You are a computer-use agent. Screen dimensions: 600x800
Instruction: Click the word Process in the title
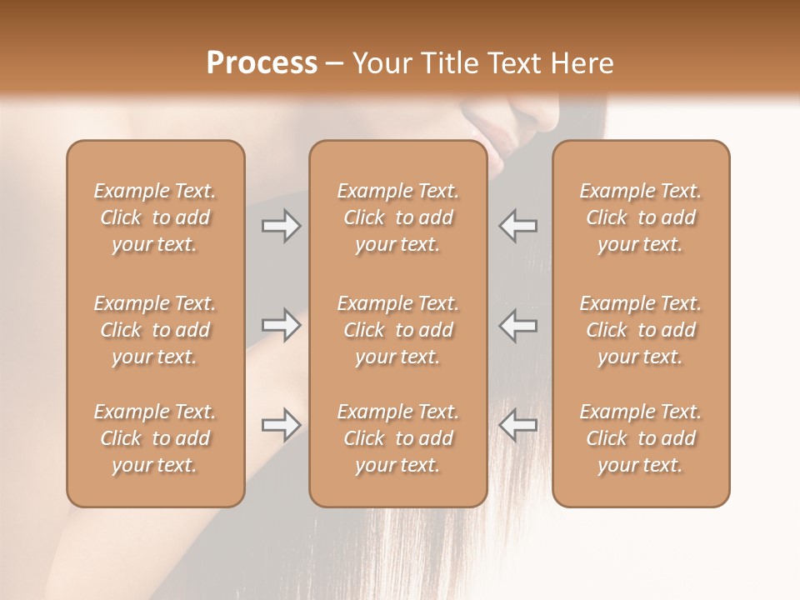[262, 63]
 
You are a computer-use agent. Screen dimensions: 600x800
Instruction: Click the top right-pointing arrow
[281, 225]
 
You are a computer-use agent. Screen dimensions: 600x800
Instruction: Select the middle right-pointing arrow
[281, 325]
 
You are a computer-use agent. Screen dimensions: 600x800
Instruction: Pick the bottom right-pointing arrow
[281, 425]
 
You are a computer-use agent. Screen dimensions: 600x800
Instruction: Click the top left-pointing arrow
[518, 225]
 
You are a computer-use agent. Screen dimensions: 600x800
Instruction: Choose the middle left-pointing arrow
[518, 325]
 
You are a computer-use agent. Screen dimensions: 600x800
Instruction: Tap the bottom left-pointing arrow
[518, 425]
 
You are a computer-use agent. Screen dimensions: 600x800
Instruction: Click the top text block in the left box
[155, 217]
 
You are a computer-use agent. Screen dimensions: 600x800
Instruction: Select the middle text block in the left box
[155, 330]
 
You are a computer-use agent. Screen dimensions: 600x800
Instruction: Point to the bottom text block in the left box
[155, 438]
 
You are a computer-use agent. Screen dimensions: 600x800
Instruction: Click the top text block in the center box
[398, 217]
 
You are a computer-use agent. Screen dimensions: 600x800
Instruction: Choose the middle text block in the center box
[398, 330]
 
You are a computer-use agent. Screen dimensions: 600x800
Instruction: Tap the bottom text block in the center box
[398, 438]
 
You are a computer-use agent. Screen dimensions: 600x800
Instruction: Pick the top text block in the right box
[641, 217]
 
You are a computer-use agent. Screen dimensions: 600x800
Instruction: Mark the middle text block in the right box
[641, 330]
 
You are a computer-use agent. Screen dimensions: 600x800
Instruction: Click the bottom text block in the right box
[641, 438]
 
